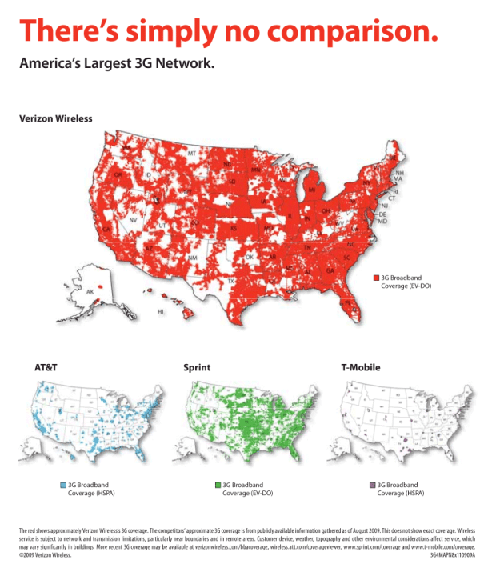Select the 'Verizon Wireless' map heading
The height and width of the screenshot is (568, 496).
[x=55, y=118]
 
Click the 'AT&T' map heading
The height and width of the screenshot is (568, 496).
[x=46, y=368]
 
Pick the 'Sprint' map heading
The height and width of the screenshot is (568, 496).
[x=197, y=368]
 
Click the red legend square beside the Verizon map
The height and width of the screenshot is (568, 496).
[x=375, y=277]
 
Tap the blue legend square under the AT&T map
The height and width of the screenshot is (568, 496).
[x=63, y=485]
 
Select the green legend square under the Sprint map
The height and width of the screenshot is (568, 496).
[x=218, y=485]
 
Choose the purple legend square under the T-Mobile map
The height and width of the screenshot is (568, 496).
[x=372, y=485]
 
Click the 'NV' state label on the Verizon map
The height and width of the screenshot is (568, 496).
[x=133, y=218]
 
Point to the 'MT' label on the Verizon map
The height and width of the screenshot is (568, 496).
[x=192, y=153]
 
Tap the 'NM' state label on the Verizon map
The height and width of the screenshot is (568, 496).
[x=194, y=258]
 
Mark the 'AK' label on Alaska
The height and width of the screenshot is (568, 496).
[x=90, y=292]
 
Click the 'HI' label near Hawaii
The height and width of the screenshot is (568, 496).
[x=161, y=312]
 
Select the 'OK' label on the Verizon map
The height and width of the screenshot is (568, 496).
[x=250, y=258]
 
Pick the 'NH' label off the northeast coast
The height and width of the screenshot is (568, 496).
[x=399, y=173]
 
